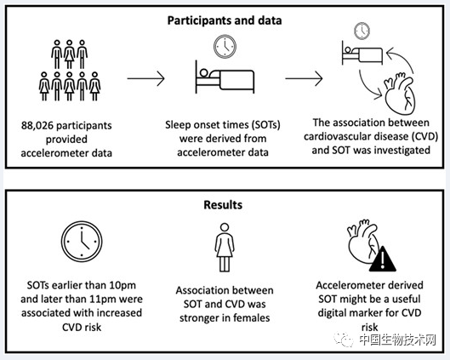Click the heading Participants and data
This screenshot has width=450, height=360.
point(225,20)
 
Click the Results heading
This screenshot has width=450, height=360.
point(223,205)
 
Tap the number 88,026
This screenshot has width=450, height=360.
point(37,125)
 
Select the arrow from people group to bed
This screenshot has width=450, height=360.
point(146,78)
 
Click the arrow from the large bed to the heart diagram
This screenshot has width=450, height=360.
point(304,78)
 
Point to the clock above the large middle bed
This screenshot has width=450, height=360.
point(225,46)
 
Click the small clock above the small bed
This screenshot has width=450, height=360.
point(362,31)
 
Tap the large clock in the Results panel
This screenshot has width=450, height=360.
point(82,241)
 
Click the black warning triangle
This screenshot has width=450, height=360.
point(383,259)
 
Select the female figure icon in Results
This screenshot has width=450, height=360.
point(225,248)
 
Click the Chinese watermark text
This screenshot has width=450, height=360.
point(398,340)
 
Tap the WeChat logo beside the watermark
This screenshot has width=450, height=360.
point(343,340)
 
